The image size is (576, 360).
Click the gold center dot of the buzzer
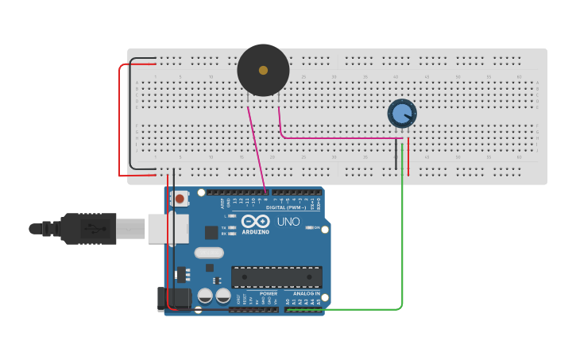coord(263,70)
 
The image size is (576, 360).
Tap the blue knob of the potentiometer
coord(402,114)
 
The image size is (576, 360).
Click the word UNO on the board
coord(289,222)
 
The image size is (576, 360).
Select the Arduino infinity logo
coord(256,221)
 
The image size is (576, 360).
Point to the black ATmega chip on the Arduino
coord(276,277)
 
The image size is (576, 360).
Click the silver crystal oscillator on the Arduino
coord(208,254)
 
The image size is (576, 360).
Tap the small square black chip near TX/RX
coord(211,232)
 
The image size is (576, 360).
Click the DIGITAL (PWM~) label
coord(286,207)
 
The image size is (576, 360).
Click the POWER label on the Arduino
coord(269,293)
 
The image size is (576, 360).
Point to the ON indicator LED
coord(309,228)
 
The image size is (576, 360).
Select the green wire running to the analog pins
coord(403,238)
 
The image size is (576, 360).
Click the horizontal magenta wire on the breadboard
coord(342,137)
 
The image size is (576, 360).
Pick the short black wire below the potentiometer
coord(396,155)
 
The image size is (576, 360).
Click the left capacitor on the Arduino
coord(205,296)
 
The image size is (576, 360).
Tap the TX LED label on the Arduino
coord(225,227)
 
